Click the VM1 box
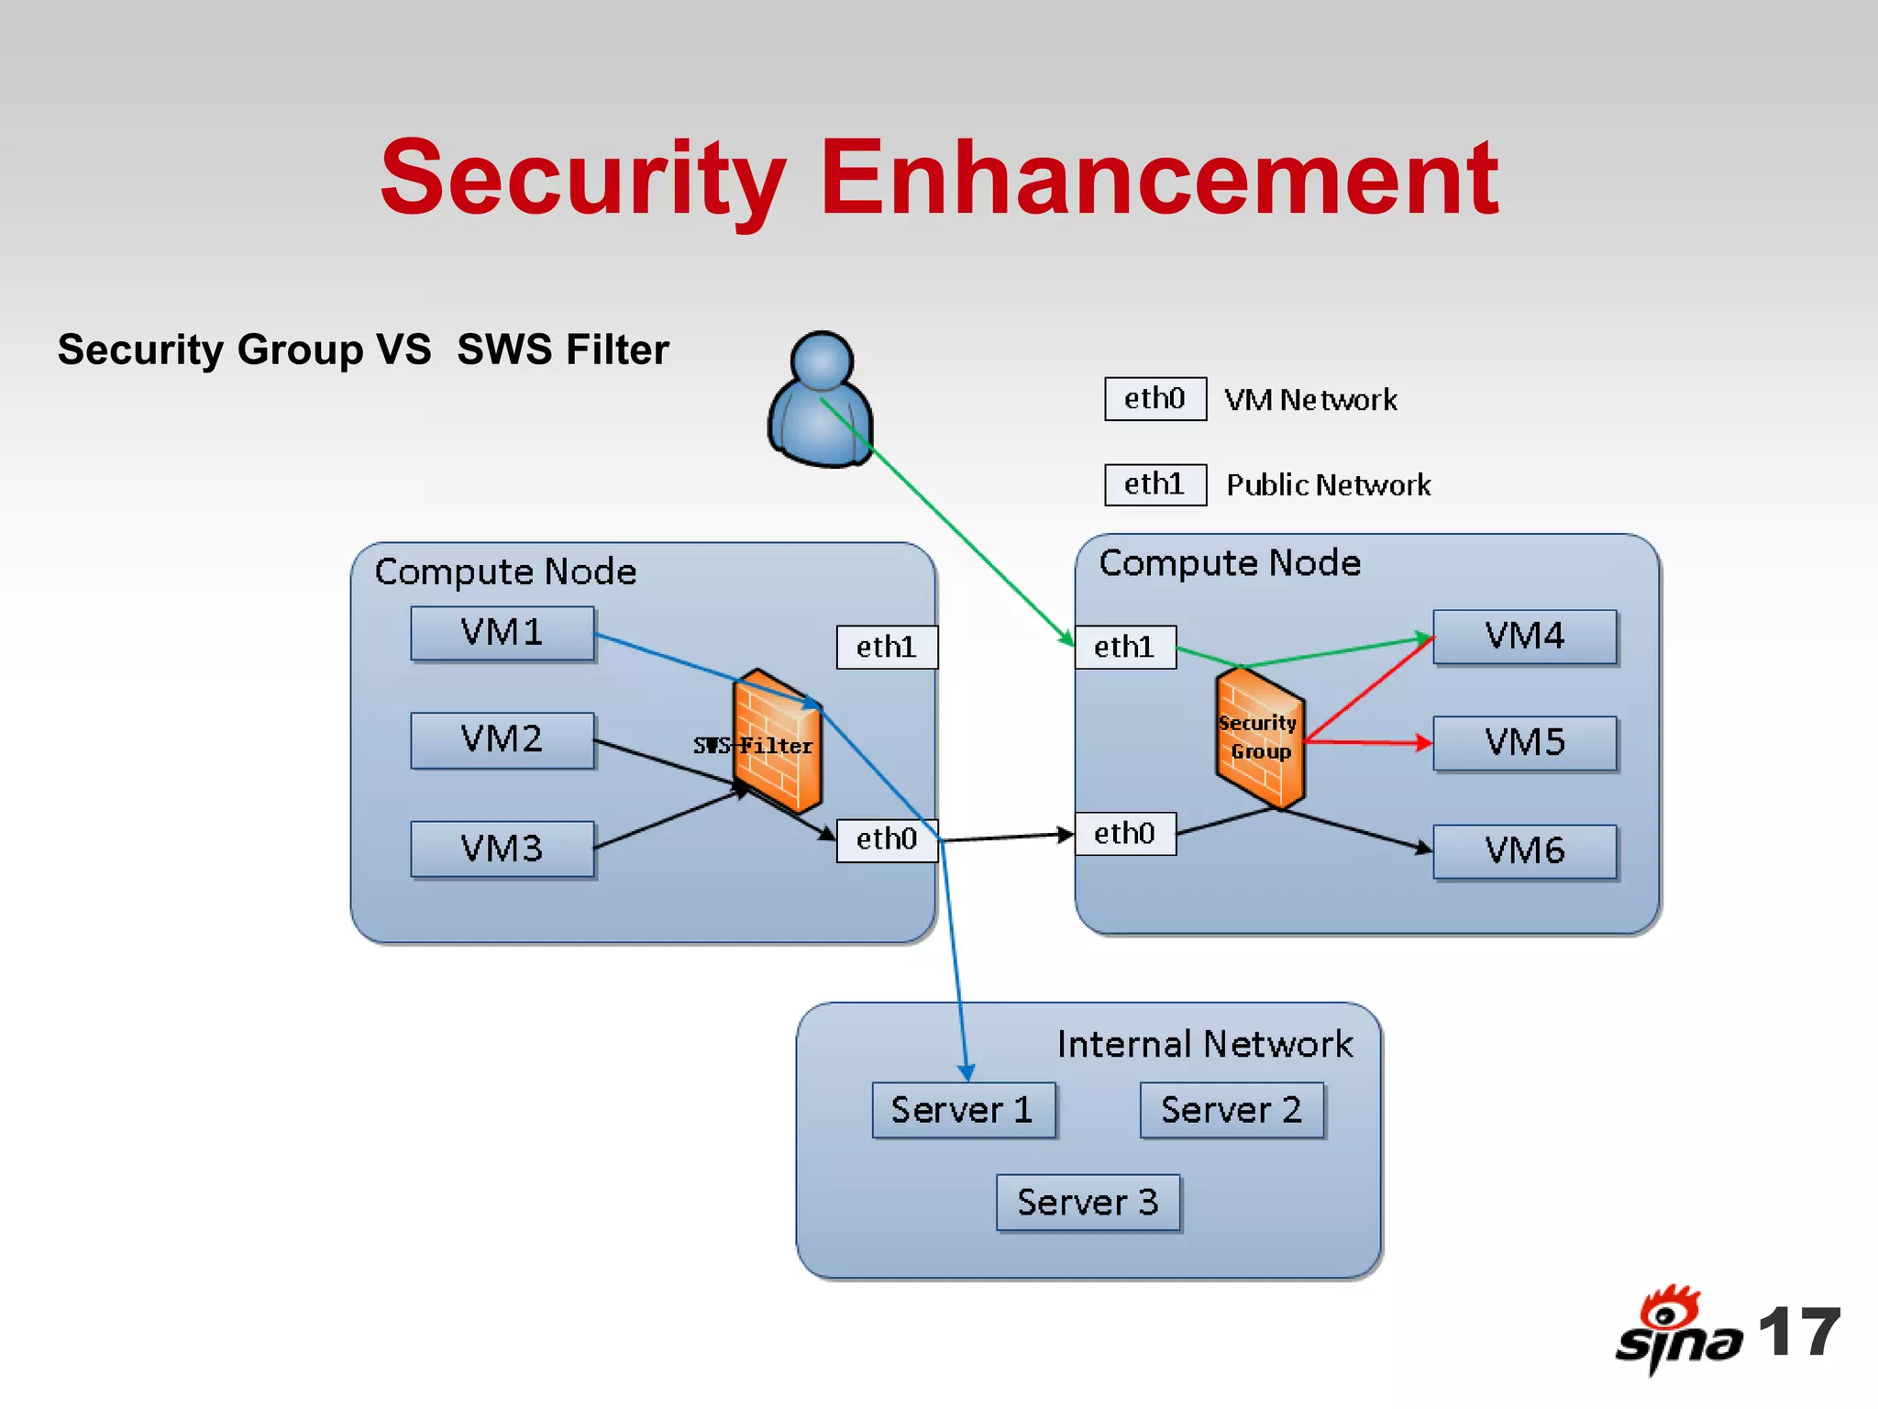502,633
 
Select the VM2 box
502,739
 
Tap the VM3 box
502,849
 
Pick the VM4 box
1524,637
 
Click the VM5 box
1524,743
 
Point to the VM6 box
1524,851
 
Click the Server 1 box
963,1110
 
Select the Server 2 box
1232,1110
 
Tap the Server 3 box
1088,1202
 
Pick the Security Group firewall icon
1260,738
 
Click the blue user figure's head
823,361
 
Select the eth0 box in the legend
1154,399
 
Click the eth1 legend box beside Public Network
1154,484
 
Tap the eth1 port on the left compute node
886,648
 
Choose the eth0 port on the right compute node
1124,834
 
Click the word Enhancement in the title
1159,178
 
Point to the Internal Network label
1204,1045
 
